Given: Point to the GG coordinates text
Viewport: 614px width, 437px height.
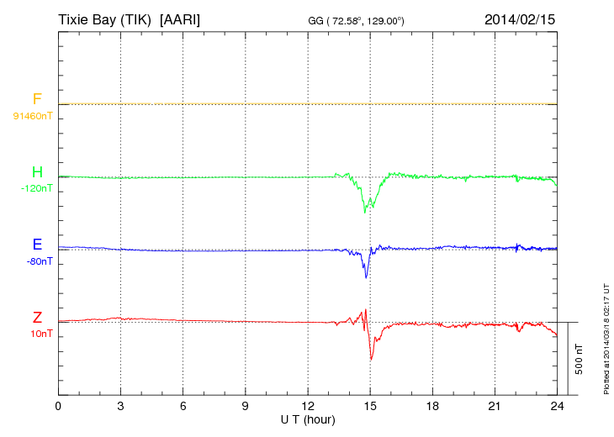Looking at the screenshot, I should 357,19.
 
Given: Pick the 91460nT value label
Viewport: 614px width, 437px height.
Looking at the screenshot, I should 32,116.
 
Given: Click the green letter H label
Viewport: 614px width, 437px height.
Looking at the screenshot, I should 37,173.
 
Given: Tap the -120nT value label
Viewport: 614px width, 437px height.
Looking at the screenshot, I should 36,189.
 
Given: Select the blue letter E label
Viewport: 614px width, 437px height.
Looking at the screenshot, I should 37,245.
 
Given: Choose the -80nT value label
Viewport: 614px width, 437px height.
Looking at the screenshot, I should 39,261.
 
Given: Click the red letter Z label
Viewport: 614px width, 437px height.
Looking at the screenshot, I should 37,318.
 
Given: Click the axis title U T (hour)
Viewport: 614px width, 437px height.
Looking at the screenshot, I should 308,419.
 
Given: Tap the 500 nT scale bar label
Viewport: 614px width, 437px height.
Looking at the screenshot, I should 579,358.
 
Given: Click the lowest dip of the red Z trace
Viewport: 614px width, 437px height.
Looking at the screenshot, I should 372,360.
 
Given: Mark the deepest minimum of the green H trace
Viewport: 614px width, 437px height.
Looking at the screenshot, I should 365,213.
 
